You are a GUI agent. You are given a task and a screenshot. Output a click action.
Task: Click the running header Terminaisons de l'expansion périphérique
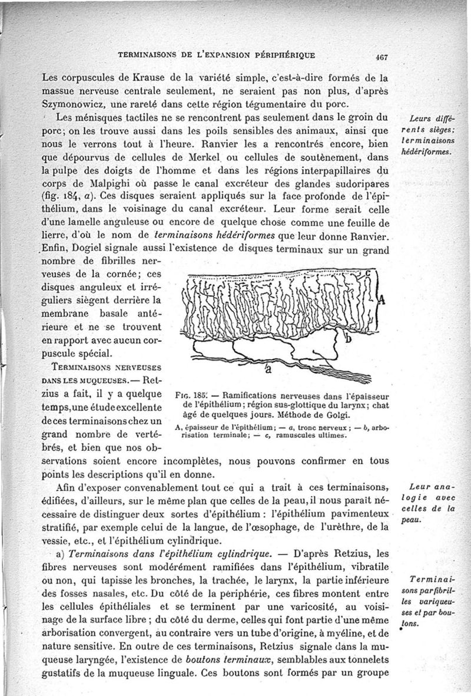pyautogui.click(x=217, y=56)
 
